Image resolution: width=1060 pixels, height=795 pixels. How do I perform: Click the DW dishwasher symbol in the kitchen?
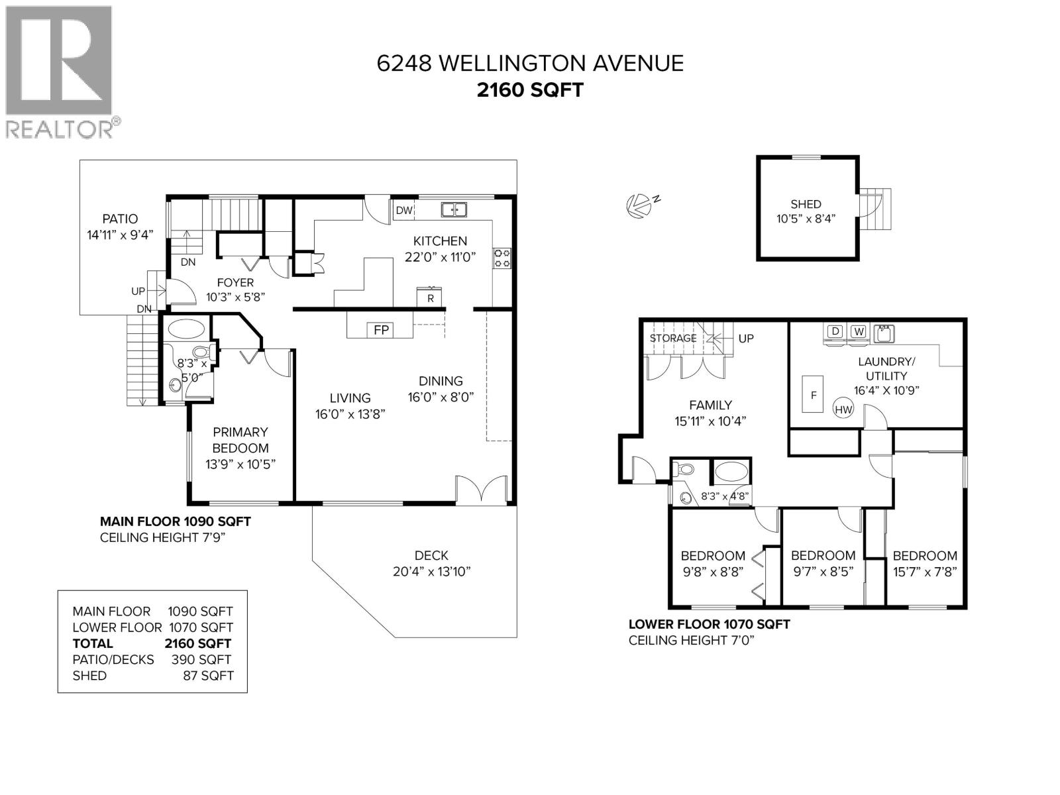(404, 211)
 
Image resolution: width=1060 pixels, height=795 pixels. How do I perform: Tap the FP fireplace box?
(381, 329)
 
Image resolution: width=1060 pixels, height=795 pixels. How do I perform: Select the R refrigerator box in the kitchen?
(430, 298)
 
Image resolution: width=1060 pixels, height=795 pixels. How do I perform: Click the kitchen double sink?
(454, 210)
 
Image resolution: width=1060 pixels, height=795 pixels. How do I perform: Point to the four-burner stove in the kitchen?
(502, 258)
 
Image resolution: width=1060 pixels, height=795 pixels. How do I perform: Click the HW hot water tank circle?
(843, 409)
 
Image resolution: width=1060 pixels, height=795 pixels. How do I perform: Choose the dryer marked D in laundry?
(835, 331)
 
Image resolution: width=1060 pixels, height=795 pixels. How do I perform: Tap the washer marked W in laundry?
(859, 331)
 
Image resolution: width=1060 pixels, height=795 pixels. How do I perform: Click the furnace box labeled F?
(814, 395)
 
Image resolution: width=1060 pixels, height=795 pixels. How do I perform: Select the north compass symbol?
(638, 205)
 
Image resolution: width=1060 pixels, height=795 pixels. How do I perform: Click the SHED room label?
(806, 204)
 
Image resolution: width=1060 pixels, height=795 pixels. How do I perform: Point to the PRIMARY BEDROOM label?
(240, 440)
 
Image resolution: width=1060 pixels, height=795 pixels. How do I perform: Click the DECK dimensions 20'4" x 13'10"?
(431, 571)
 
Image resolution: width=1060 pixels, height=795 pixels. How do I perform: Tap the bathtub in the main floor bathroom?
(186, 329)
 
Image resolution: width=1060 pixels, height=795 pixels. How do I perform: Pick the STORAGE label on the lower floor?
(672, 338)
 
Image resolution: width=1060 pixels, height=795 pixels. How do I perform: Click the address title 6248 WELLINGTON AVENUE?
(530, 63)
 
